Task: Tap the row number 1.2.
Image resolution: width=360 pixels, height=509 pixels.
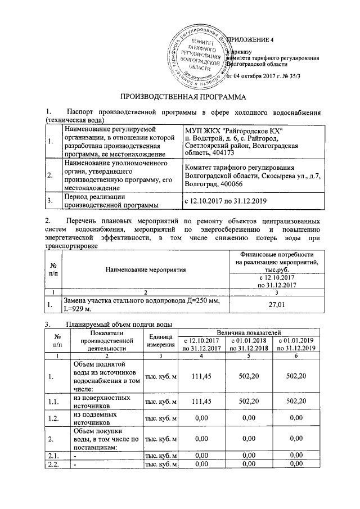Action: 52,418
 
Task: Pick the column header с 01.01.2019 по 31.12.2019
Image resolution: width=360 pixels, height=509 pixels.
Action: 296,345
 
